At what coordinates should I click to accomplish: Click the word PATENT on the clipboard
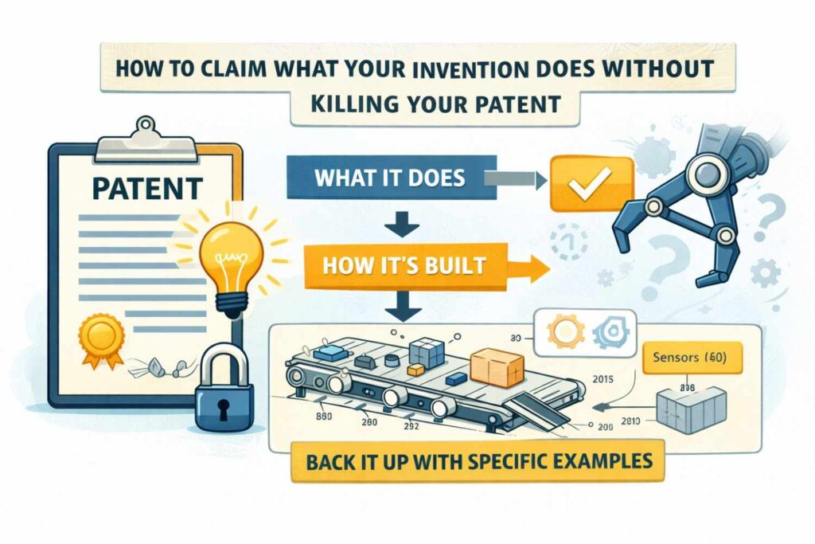147,190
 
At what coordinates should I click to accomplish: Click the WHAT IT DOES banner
388,177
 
